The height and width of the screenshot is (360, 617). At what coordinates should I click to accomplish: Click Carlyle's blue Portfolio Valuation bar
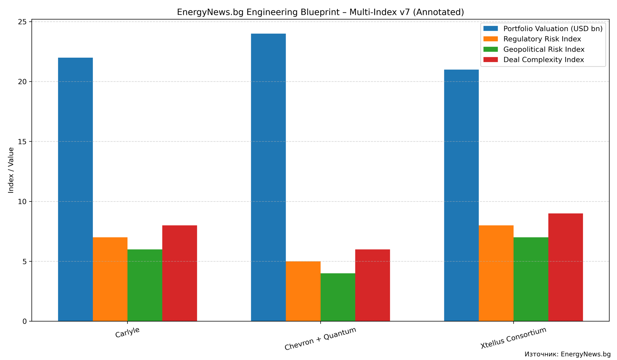pyautogui.click(x=75, y=189)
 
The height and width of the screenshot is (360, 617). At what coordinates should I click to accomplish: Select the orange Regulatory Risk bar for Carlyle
pyautogui.click(x=110, y=279)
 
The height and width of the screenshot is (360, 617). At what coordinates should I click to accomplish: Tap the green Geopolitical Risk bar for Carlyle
pyautogui.click(x=145, y=285)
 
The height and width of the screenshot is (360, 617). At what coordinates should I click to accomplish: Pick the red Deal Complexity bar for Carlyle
pyautogui.click(x=180, y=273)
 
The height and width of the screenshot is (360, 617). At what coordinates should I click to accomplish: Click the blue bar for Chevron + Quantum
pyautogui.click(x=268, y=177)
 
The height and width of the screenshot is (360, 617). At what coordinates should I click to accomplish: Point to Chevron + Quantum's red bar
pyautogui.click(x=373, y=285)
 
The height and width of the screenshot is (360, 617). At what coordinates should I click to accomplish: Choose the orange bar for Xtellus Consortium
pyautogui.click(x=496, y=273)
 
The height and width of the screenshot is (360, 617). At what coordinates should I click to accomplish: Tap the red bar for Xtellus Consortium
pyautogui.click(x=565, y=267)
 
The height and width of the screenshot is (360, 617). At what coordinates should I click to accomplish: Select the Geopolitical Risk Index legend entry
pyautogui.click(x=544, y=49)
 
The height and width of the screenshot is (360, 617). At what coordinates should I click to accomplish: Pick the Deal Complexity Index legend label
pyautogui.click(x=544, y=60)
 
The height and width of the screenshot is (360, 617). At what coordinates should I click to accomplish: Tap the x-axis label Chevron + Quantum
pyautogui.click(x=320, y=338)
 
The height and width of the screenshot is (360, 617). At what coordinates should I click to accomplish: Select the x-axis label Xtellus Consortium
pyautogui.click(x=513, y=338)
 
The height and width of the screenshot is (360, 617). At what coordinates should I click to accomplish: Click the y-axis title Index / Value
pyautogui.click(x=11, y=170)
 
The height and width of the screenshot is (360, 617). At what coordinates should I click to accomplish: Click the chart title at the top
pyautogui.click(x=320, y=12)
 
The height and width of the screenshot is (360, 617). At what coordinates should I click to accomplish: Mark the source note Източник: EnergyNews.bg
pyautogui.click(x=567, y=354)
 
